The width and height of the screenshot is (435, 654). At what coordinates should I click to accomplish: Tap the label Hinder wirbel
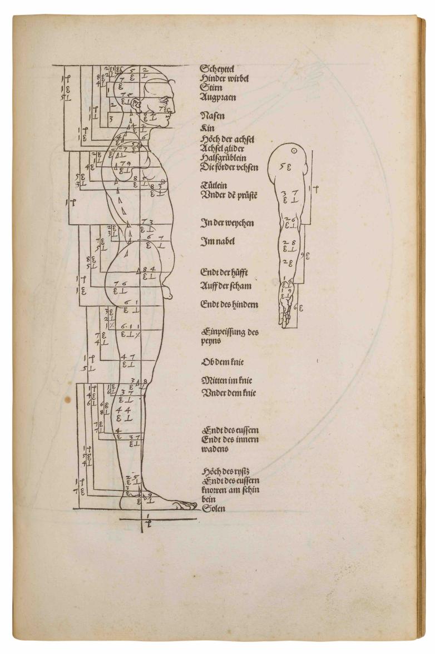tap(224, 78)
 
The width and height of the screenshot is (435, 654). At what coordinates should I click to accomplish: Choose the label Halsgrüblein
tap(222, 157)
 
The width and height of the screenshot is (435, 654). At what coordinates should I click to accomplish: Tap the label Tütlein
tap(214, 185)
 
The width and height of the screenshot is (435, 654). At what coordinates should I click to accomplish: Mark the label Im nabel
tap(217, 242)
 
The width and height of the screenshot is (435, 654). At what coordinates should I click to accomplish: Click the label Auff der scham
tap(225, 286)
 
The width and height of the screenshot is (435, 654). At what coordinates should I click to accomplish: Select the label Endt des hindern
tap(229, 304)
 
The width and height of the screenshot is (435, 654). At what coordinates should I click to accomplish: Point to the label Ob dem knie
tap(223, 362)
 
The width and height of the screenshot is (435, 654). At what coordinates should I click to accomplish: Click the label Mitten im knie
tap(226, 381)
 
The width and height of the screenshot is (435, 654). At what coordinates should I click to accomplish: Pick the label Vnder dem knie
tap(229, 393)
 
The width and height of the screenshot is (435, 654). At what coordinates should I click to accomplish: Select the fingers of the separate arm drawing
tap(285, 319)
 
